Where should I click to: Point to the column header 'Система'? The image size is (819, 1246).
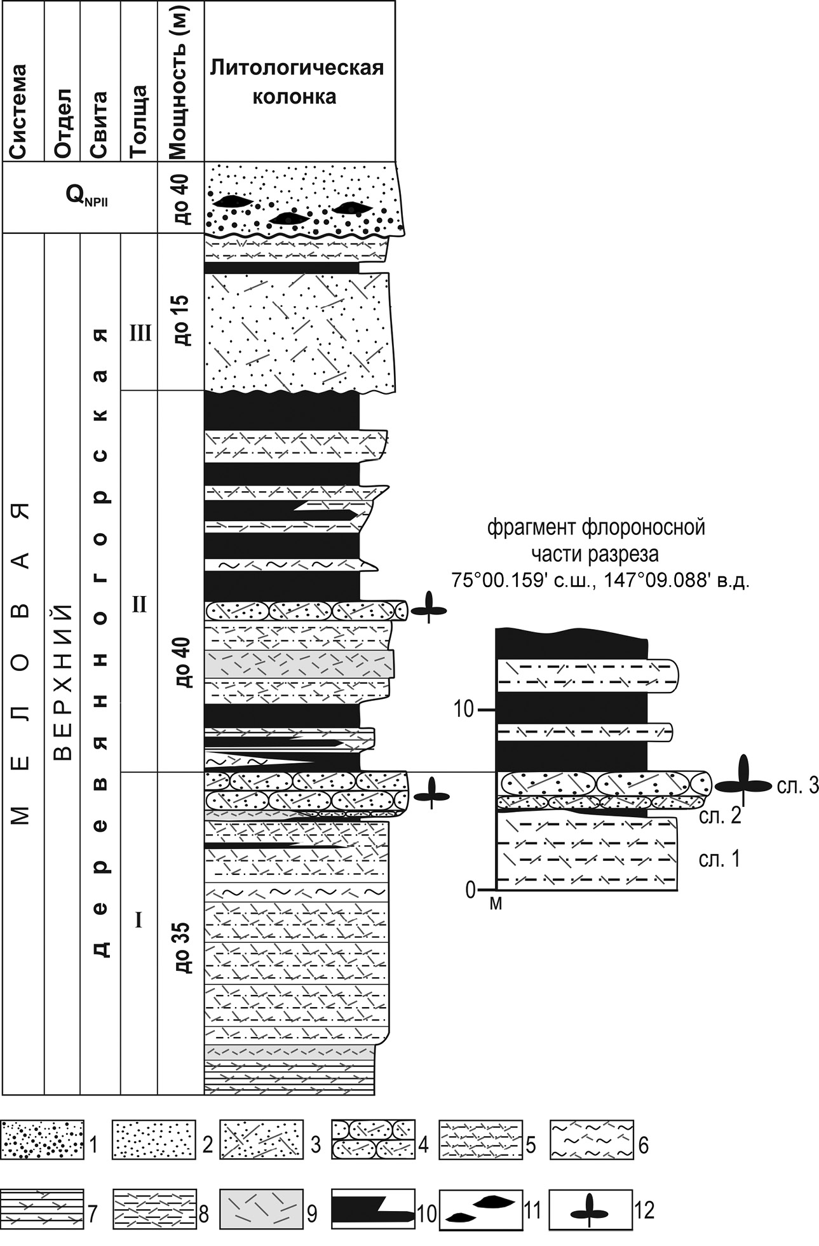tap(19, 111)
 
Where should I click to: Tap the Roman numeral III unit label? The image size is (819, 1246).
tap(139, 333)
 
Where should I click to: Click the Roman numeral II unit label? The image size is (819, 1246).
tap(139, 604)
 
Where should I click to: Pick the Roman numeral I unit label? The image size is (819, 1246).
tap(139, 919)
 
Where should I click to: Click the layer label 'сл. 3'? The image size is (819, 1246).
tap(797, 786)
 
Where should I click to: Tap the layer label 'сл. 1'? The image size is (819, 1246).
tap(719, 859)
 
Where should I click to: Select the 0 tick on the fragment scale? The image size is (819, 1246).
tap(471, 889)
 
